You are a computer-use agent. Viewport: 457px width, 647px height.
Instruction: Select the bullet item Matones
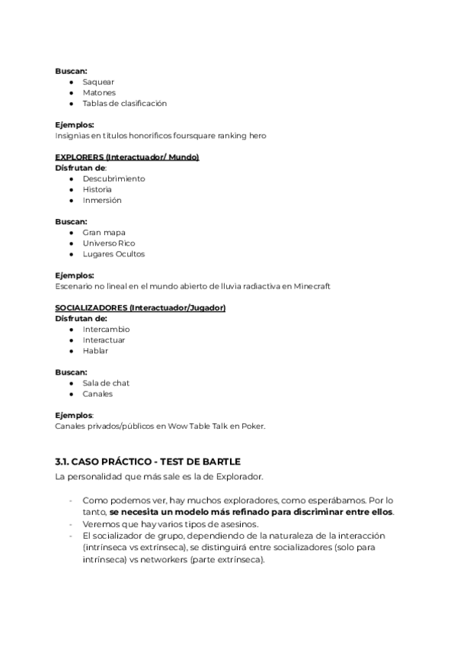[x=99, y=92]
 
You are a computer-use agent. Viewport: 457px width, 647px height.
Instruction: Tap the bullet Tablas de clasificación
[x=124, y=103]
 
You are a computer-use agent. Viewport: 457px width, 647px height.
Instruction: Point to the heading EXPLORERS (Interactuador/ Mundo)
[x=127, y=157]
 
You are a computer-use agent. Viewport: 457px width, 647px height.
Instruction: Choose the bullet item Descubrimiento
[x=113, y=179]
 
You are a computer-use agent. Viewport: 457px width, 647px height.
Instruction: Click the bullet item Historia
[x=97, y=189]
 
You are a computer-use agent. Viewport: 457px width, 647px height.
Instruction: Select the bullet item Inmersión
[x=102, y=200]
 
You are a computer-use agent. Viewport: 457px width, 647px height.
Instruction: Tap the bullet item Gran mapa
[x=104, y=232]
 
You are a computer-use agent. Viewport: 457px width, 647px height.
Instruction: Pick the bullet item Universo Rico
[x=109, y=243]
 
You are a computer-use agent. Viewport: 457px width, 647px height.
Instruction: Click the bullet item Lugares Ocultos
[x=113, y=253]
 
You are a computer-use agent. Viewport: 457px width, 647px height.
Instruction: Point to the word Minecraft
[x=312, y=286]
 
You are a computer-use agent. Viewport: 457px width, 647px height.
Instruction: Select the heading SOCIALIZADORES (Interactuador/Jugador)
[x=141, y=307]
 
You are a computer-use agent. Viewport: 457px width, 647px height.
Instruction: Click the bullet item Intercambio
[x=106, y=329]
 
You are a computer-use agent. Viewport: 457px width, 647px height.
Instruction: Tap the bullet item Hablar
[x=95, y=350]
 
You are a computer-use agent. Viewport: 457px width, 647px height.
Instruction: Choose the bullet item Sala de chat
[x=106, y=382]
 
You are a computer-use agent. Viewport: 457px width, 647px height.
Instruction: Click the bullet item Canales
[x=97, y=393]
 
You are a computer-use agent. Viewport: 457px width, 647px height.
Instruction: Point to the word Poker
[x=253, y=426]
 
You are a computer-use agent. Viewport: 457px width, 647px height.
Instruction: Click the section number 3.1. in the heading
[x=63, y=462]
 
